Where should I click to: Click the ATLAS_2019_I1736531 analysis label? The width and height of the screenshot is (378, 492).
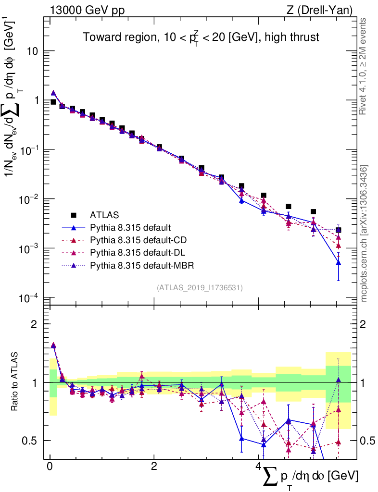(200, 288)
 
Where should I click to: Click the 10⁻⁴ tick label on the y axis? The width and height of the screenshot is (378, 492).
(29, 298)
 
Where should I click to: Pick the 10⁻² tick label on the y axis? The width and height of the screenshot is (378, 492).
(29, 199)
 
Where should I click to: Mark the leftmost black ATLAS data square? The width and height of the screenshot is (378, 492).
(53, 102)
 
